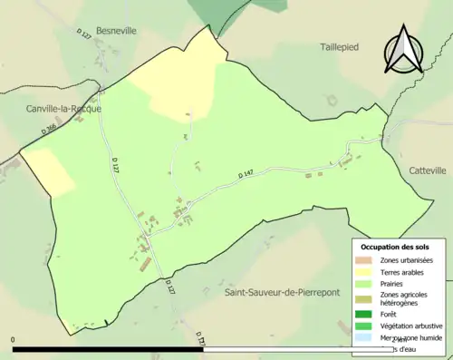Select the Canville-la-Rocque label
[x=63, y=109]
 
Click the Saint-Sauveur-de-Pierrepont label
[x=279, y=293]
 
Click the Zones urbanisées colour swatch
[x=367, y=260]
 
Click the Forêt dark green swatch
[x=367, y=314]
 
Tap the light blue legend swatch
[x=367, y=337]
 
